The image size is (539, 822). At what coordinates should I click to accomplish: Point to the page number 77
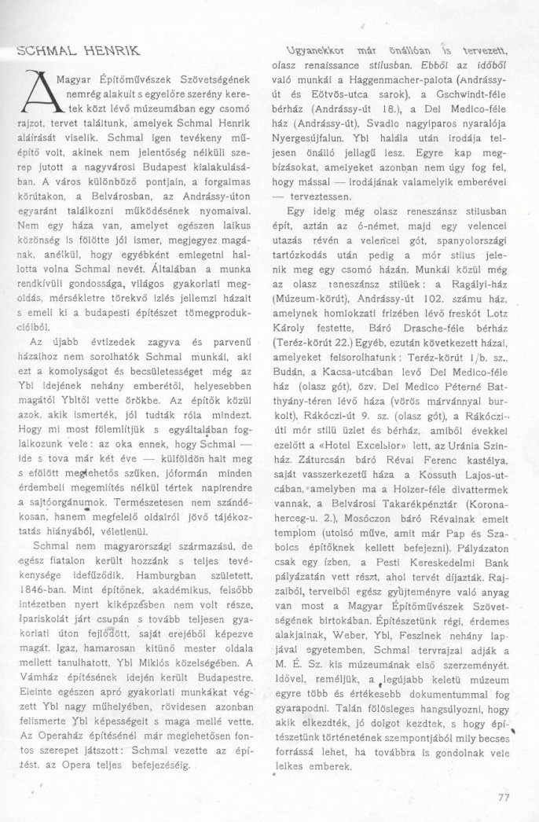[504, 796]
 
